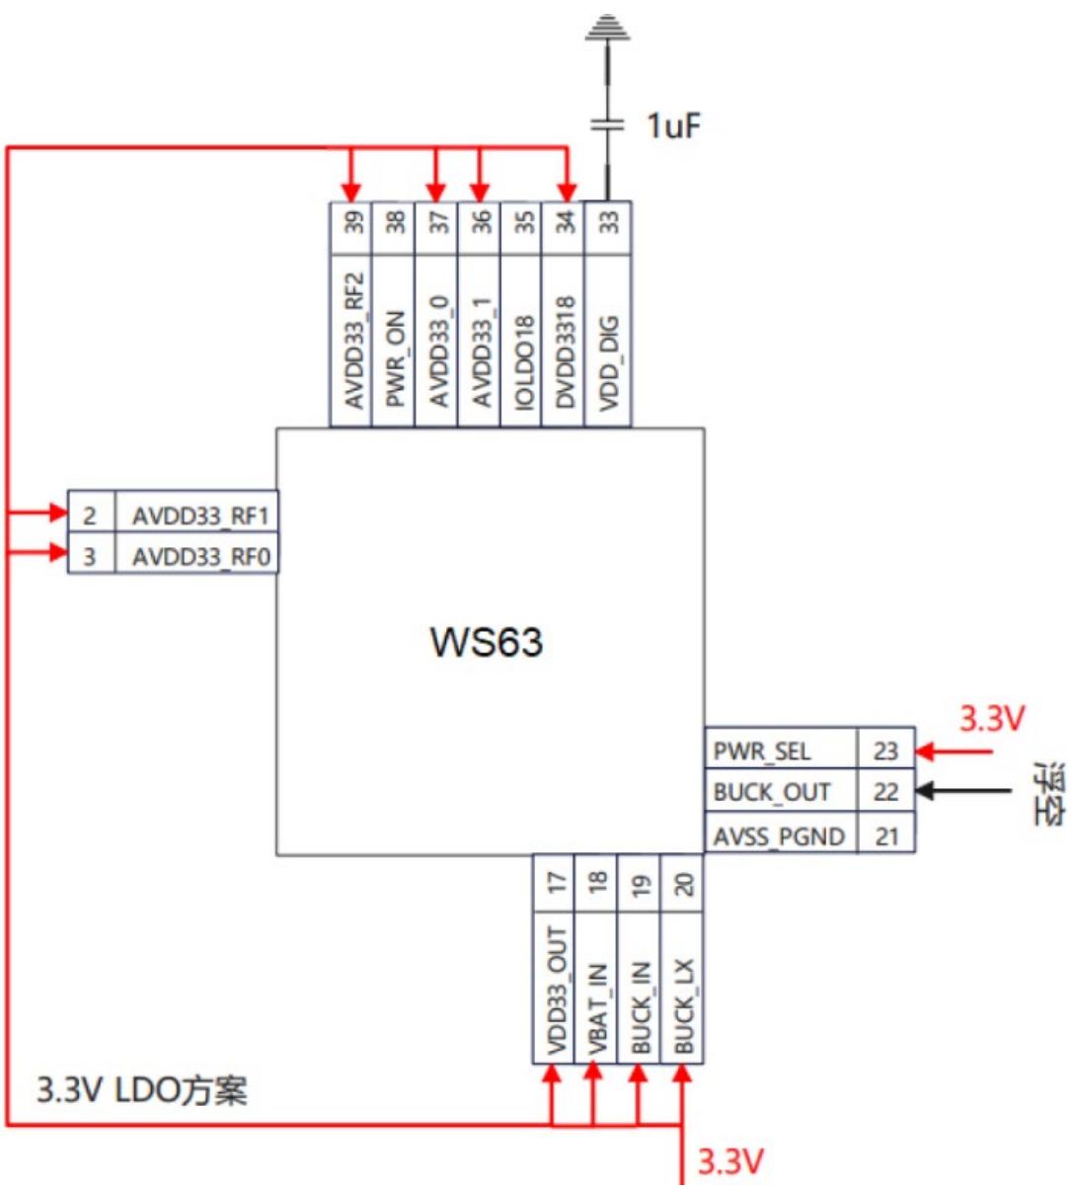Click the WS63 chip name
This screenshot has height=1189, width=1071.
[486, 642]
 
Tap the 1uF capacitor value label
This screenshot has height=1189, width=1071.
[674, 126]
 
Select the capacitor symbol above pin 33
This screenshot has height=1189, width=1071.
[607, 124]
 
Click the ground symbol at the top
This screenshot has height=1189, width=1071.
[607, 28]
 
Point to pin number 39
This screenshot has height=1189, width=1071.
[353, 223]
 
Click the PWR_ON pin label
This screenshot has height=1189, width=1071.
[395, 359]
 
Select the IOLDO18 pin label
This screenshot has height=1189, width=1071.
[524, 362]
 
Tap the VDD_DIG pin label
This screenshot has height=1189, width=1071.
[609, 363]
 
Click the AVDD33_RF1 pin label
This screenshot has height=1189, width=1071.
[201, 516]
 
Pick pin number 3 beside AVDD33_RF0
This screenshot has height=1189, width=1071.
[89, 557]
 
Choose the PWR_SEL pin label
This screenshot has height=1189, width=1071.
[762, 752]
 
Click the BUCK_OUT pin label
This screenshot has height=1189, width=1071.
[772, 792]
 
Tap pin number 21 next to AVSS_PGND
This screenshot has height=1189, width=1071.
[887, 836]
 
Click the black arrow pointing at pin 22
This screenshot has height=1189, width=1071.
[963, 790]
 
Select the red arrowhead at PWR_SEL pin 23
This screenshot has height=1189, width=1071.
[925, 752]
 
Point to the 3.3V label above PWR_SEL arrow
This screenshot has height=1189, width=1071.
[992, 718]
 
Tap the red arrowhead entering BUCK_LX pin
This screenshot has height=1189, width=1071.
[682, 1073]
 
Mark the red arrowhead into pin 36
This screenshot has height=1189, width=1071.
[480, 192]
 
